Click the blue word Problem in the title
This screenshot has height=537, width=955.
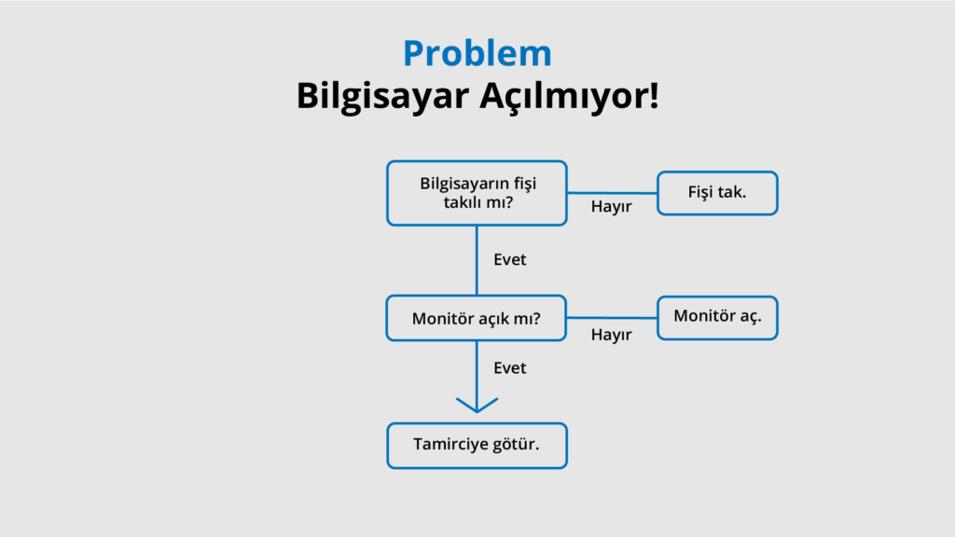tap(477, 53)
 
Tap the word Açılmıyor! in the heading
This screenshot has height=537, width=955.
tap(569, 95)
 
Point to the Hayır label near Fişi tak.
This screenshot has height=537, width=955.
tap(612, 207)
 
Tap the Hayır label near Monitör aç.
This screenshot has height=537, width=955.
tap(612, 335)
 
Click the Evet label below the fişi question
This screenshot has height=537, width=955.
tap(510, 259)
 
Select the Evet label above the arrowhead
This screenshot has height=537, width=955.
tap(510, 367)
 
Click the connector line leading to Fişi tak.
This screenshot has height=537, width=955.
tap(612, 193)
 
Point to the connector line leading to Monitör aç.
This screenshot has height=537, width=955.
tap(612, 318)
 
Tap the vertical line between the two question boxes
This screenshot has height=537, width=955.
tap(477, 261)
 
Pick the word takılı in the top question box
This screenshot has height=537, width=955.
tap(464, 202)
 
